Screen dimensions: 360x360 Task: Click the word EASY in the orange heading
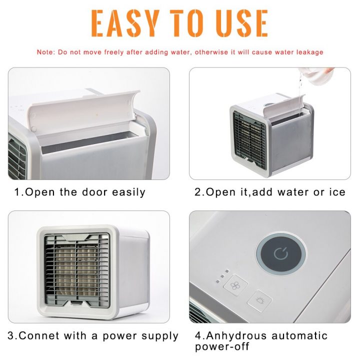point(125,22)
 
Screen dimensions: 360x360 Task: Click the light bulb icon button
point(260,300)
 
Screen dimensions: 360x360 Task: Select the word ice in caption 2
point(335,192)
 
